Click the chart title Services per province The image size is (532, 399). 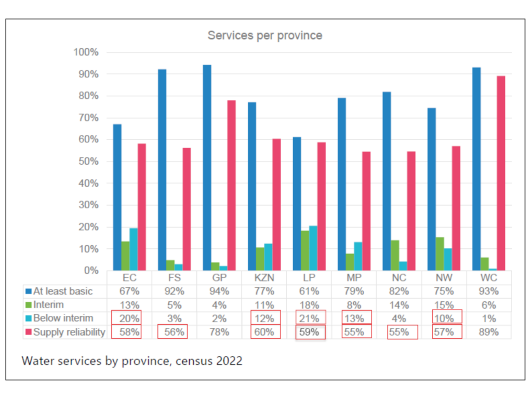tap(265, 35)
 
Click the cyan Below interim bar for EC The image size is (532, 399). tap(134, 249)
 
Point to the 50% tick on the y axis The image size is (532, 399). tap(87, 162)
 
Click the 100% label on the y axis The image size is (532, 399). tap(86, 52)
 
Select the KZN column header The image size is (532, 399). tap(264, 277)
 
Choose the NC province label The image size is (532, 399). tap(398, 277)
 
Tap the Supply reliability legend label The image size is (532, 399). tap(69, 332)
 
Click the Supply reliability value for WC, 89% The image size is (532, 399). tap(488, 332)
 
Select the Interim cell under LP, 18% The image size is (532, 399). tap(309, 305)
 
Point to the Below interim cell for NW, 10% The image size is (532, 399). tap(443, 318)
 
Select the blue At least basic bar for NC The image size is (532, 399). tap(387, 181)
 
